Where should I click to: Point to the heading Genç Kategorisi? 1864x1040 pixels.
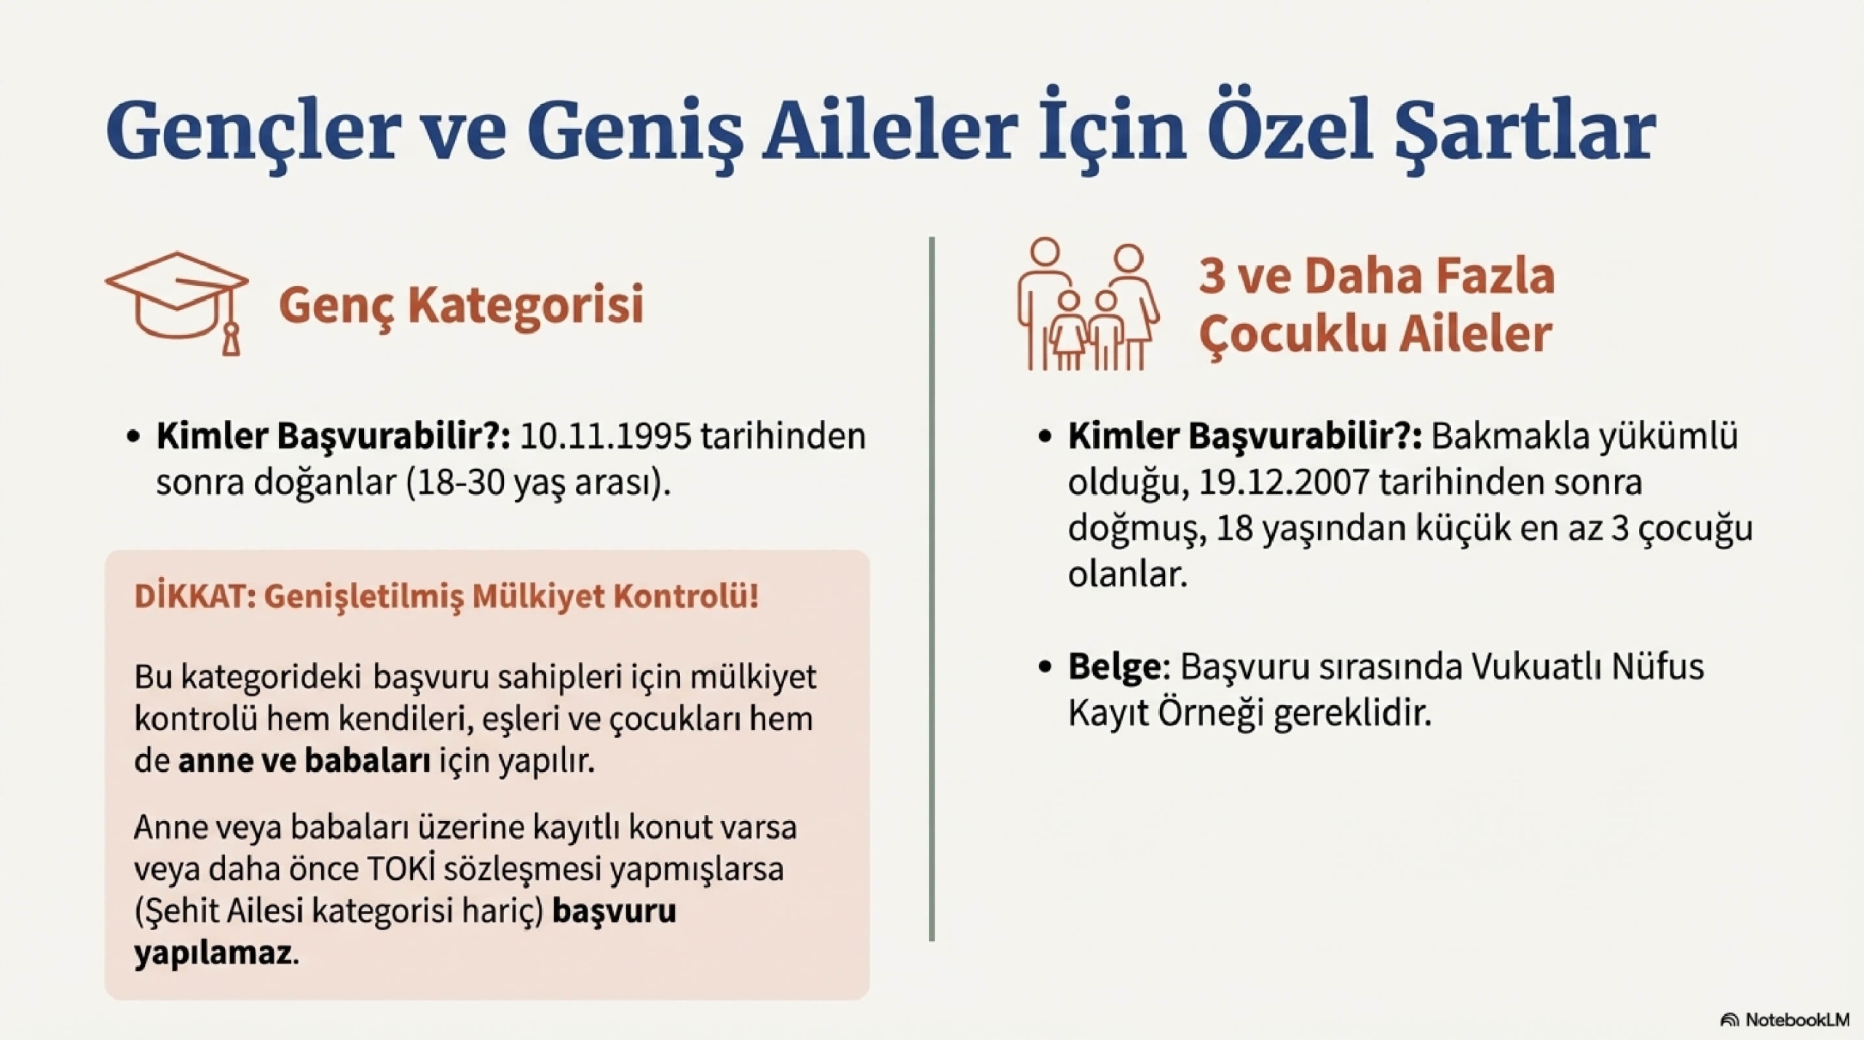(x=461, y=305)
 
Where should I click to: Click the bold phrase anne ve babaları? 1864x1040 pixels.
(x=304, y=761)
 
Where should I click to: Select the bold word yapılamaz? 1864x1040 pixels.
(x=213, y=952)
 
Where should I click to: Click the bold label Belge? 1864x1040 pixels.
(x=1114, y=667)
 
